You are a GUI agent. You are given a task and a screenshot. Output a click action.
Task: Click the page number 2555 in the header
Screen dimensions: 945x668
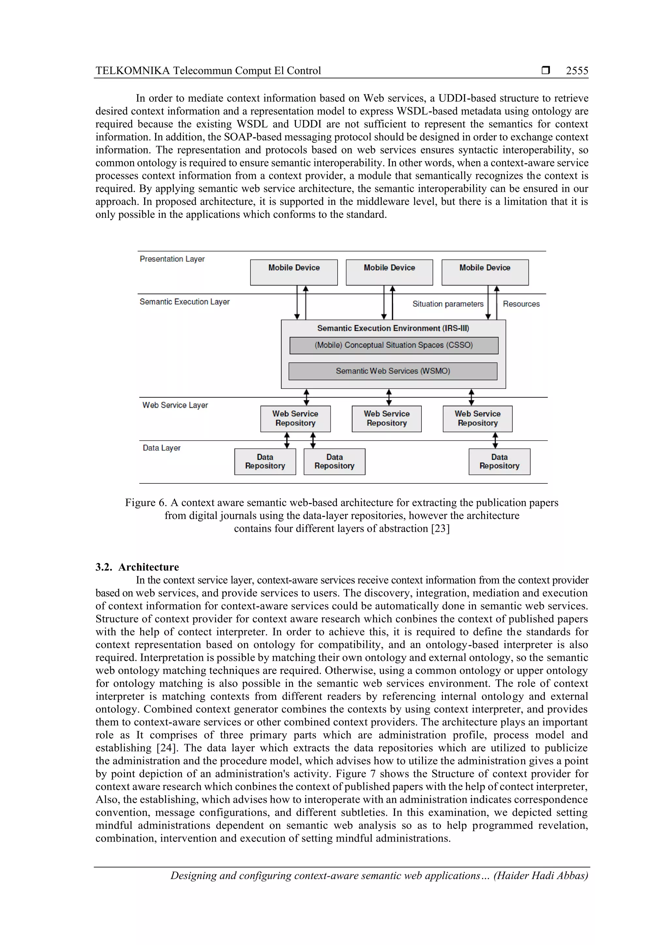(x=577, y=71)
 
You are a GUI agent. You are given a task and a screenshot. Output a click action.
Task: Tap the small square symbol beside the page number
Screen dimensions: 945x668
(x=545, y=70)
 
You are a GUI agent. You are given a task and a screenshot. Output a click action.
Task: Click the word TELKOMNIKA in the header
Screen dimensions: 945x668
(x=132, y=71)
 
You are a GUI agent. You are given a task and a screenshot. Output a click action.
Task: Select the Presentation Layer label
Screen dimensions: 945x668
(x=172, y=259)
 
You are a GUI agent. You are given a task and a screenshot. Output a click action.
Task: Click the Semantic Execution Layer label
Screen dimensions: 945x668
(x=184, y=302)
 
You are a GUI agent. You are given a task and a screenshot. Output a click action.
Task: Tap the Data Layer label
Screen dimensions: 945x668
(x=161, y=448)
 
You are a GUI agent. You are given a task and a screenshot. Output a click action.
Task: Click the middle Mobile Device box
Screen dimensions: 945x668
(x=389, y=272)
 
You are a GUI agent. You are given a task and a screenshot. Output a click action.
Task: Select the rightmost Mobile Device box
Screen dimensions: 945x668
(x=485, y=272)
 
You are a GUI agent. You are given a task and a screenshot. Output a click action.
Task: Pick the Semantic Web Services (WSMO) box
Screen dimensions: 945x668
(x=393, y=371)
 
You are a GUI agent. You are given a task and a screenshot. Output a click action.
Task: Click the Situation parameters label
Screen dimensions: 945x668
(x=448, y=304)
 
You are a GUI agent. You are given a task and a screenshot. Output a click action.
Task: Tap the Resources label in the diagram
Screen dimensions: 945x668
(x=521, y=304)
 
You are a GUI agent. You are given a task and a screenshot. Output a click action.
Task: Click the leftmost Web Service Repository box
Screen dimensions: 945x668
(x=295, y=419)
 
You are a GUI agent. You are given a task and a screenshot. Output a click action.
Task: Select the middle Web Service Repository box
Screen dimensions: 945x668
(x=387, y=419)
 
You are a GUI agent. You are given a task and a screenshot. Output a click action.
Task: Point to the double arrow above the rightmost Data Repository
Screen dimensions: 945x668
(x=495, y=440)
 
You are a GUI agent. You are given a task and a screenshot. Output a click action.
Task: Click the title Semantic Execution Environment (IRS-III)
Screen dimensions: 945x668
(x=393, y=328)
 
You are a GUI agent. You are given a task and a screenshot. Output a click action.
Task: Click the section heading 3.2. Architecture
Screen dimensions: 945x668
(x=137, y=567)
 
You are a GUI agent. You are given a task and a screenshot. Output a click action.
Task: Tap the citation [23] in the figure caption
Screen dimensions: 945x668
(x=440, y=528)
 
